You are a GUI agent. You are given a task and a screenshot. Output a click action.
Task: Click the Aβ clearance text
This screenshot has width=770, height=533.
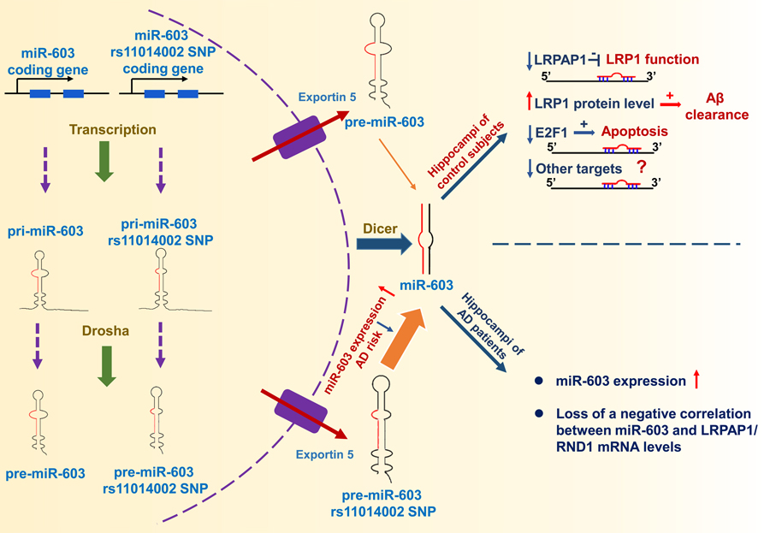[x=716, y=107]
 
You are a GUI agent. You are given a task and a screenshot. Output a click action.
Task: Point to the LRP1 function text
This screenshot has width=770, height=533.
[x=653, y=60]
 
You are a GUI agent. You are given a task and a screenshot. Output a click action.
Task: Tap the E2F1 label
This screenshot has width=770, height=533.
[x=554, y=133]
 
